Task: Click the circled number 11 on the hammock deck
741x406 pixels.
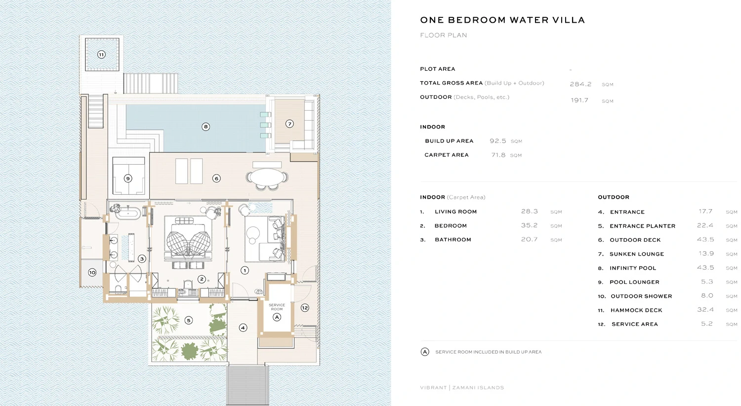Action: click(101, 54)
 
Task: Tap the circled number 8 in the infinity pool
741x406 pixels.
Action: click(206, 127)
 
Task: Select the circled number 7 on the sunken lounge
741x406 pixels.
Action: click(290, 124)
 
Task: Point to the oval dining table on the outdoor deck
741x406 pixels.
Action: click(267, 177)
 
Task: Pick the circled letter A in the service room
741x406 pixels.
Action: click(277, 317)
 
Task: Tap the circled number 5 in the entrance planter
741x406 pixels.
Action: click(188, 320)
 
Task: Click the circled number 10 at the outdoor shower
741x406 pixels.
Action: click(92, 272)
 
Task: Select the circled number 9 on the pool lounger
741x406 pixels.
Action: click(128, 179)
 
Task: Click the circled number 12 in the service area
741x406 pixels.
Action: click(305, 308)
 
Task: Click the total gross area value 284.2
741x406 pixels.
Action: click(580, 84)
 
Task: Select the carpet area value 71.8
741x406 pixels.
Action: click(498, 155)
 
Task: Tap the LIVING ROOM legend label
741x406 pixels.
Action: click(455, 212)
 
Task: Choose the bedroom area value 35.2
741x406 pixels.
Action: click(529, 226)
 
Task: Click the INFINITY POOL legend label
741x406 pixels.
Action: click(633, 268)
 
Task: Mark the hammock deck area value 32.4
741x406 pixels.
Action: click(705, 310)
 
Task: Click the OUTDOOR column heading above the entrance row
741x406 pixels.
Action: click(614, 197)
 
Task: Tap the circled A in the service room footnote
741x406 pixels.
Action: click(425, 352)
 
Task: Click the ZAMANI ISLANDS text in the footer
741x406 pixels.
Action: click(478, 388)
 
